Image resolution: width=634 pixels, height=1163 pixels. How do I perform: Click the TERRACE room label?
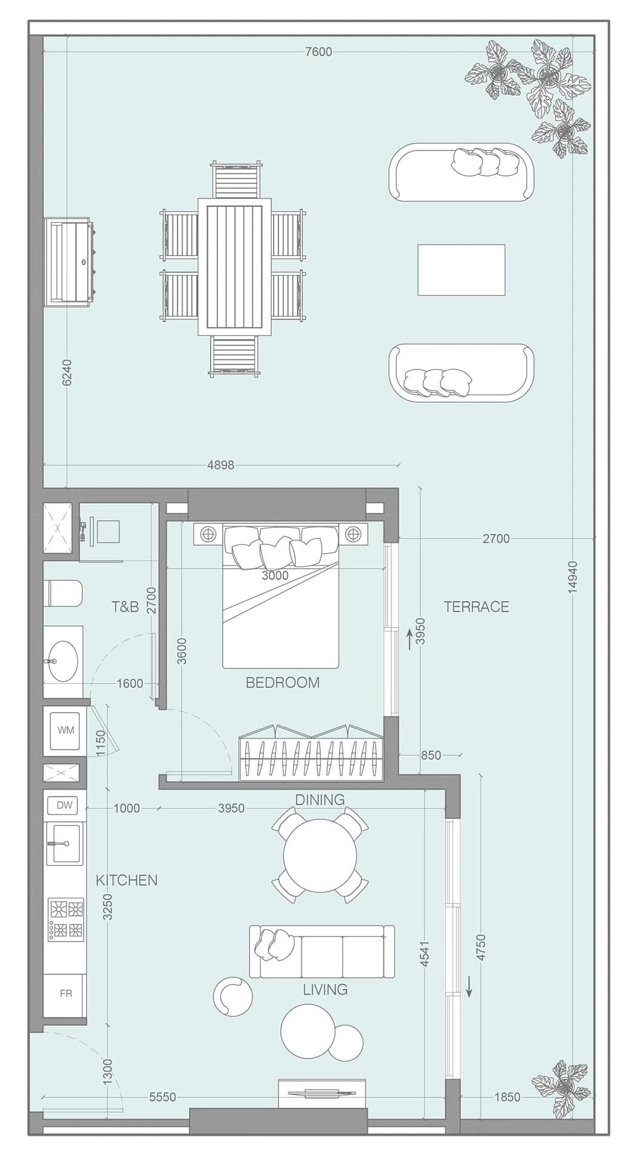[x=476, y=606]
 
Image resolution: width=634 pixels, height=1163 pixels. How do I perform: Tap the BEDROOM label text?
[x=283, y=682]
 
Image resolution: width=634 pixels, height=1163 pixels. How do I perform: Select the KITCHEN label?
[x=127, y=880]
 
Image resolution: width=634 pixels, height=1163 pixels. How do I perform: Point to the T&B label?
[x=125, y=606]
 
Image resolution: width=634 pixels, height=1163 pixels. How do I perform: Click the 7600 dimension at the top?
[x=319, y=52]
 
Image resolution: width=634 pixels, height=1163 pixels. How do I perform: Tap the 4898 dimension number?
[x=220, y=465]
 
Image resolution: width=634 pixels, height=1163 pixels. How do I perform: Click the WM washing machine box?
[x=66, y=730]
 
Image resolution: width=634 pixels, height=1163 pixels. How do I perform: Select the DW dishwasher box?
[x=64, y=805]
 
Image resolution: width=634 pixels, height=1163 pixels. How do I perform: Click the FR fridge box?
[x=66, y=994]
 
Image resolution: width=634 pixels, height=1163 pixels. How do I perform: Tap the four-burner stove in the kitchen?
[x=67, y=919]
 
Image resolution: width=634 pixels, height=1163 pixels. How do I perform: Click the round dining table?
[x=320, y=856]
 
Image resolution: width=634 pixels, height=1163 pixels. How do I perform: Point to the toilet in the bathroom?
[x=63, y=593]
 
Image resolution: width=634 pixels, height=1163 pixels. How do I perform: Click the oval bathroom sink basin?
[x=62, y=660]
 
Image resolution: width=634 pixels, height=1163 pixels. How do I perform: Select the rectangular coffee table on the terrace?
[x=461, y=270]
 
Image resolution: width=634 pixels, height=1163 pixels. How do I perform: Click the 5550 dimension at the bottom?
[x=163, y=1097]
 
